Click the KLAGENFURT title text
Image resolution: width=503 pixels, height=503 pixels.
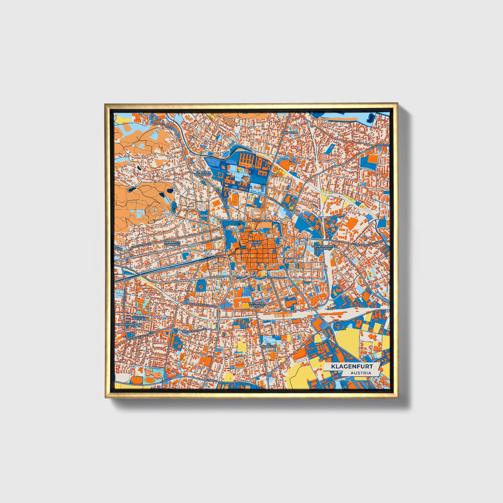[352, 366]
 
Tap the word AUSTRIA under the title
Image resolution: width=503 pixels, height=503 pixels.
[361, 373]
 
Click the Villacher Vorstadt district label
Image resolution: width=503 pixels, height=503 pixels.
[172, 243]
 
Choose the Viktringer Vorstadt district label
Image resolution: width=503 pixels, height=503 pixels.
[257, 305]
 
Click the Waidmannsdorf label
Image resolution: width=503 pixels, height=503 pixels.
[128, 325]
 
